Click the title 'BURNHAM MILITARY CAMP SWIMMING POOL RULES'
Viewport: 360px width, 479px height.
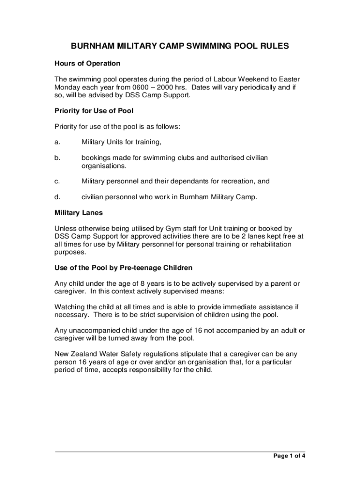click(x=180, y=46)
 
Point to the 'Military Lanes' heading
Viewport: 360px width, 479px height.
click(x=79, y=213)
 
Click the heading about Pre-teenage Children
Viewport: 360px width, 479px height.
click(x=123, y=268)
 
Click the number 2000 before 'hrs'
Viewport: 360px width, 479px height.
click(x=153, y=87)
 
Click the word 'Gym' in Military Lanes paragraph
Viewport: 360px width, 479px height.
click(x=173, y=229)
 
